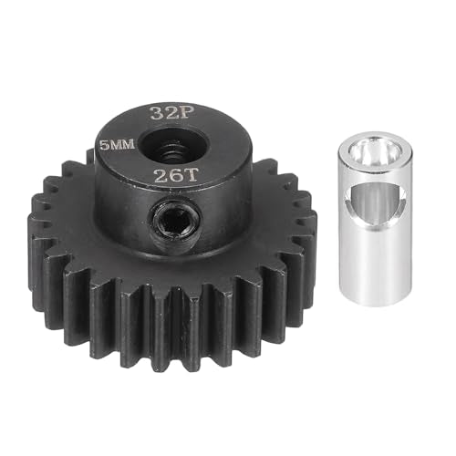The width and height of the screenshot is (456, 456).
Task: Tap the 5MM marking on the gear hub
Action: [118, 145]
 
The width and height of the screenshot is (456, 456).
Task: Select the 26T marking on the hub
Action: [176, 175]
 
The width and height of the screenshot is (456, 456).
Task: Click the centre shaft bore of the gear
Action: [174, 146]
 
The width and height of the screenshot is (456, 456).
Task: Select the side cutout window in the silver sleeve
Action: [376, 204]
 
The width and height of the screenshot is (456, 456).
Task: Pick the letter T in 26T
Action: [192, 175]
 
